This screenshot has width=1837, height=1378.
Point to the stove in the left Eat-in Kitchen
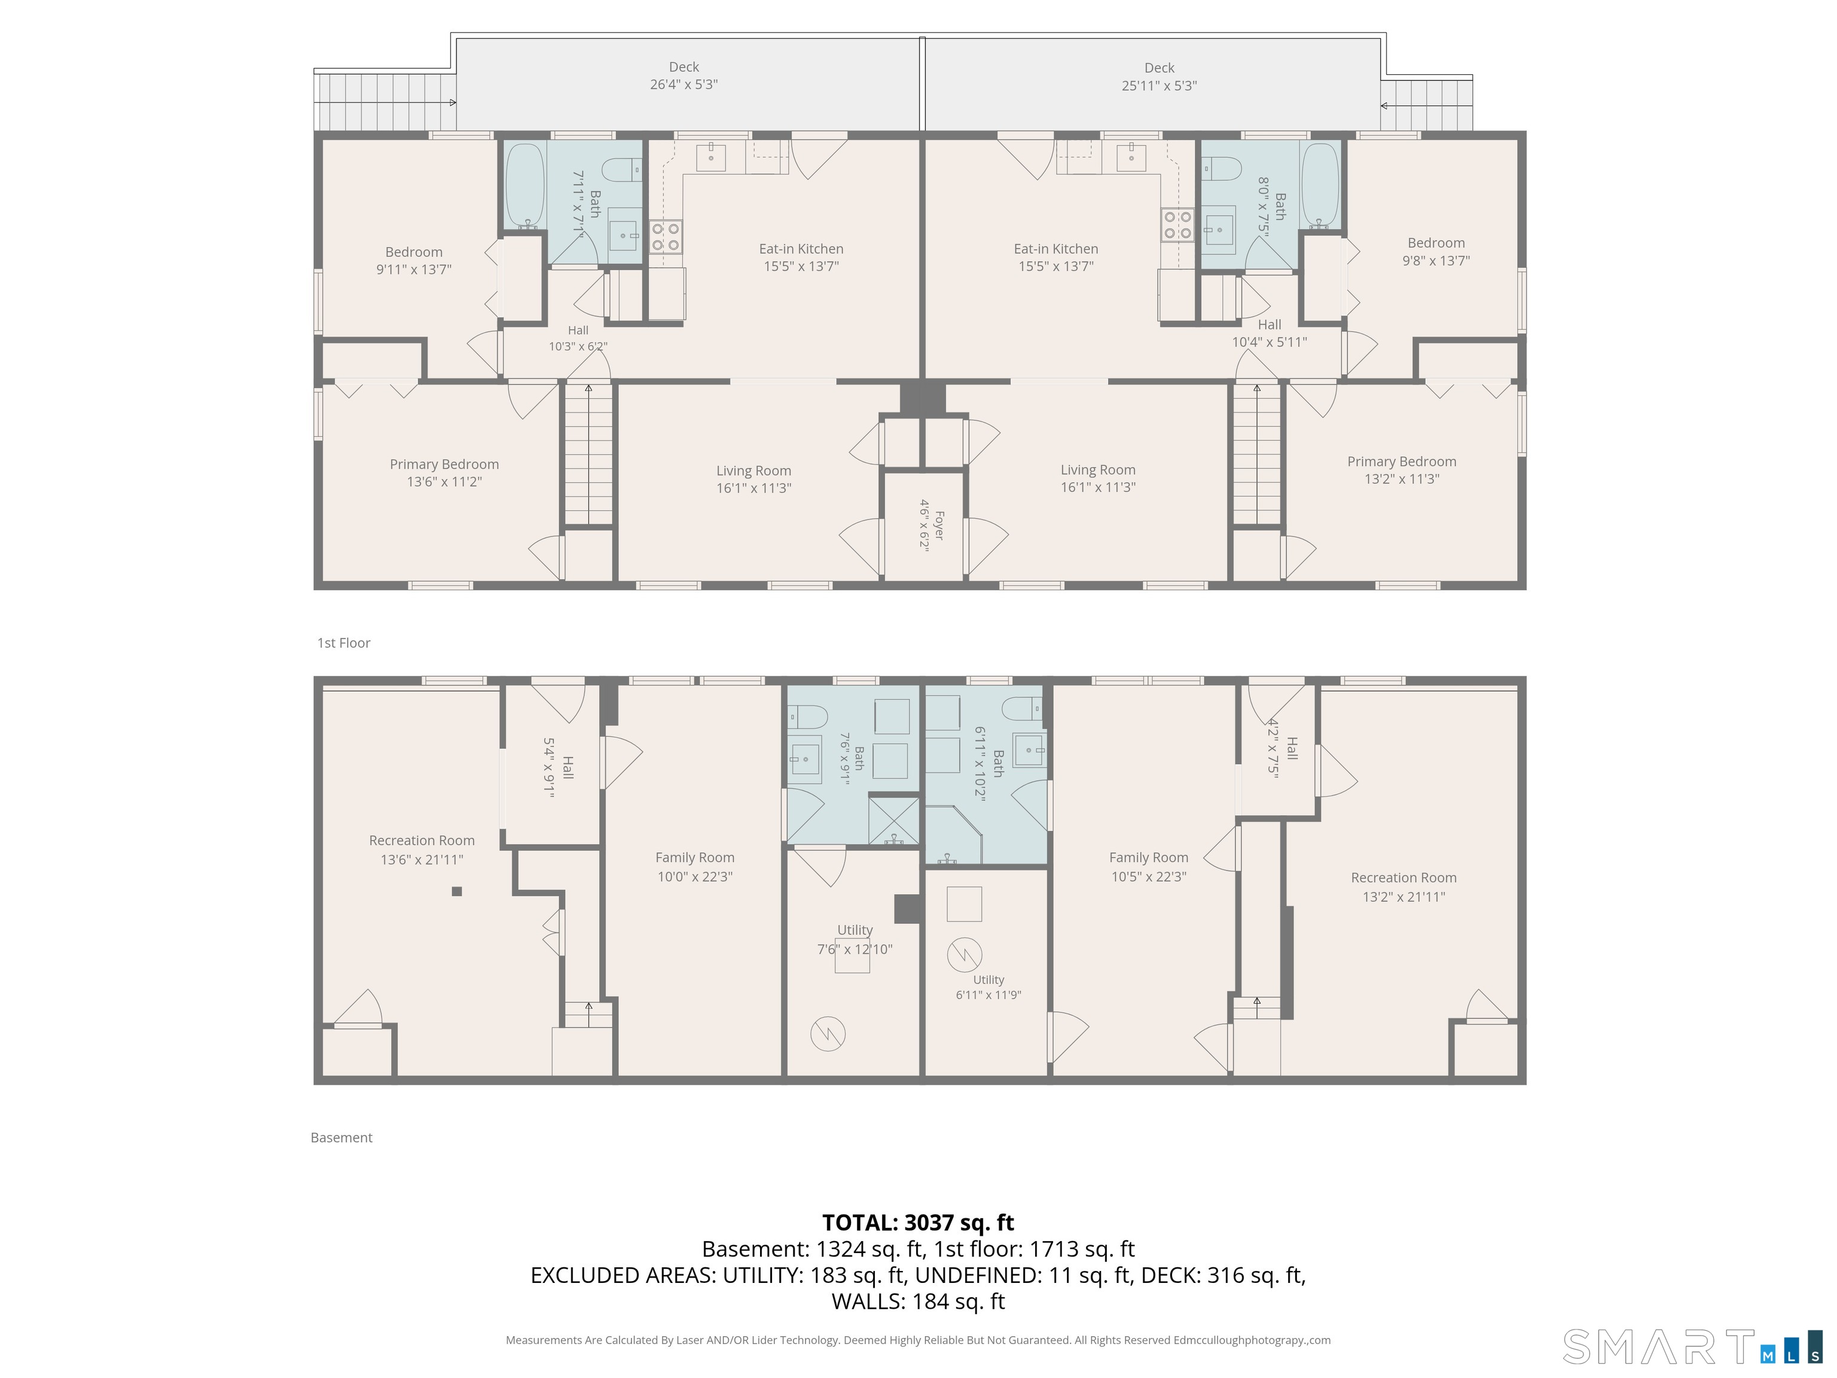(665, 236)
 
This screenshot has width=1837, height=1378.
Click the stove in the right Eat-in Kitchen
(1177, 224)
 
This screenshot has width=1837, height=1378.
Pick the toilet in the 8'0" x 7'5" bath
(1221, 169)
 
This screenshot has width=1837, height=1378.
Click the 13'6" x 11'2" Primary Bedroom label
(444, 472)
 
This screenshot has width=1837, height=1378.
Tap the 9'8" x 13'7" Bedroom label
(1436, 252)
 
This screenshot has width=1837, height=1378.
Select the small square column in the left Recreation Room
(456, 891)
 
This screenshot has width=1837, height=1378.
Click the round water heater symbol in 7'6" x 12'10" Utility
(828, 1034)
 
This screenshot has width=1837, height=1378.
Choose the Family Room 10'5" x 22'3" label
(1149, 867)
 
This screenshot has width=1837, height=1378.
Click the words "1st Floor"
(344, 643)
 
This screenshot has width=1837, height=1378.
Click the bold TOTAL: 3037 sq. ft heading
(918, 1222)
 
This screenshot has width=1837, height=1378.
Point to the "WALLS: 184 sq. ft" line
(918, 1301)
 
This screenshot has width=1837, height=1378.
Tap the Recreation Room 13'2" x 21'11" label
(1403, 887)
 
